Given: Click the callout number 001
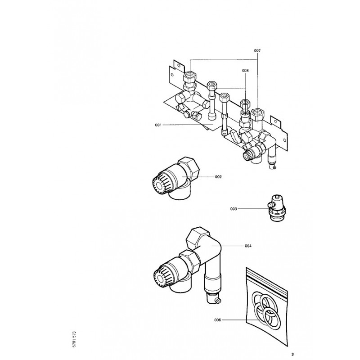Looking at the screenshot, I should pos(158,125).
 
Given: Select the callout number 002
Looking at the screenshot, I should pos(218,177).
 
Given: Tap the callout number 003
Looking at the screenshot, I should pos(234,208).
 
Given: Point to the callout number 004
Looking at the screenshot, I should pos(248,246).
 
